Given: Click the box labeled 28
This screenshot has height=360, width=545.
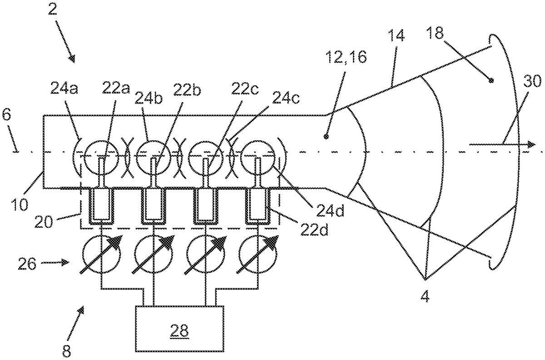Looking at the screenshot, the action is tap(179, 328).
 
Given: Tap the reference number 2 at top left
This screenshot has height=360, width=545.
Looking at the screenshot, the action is tap(53, 10).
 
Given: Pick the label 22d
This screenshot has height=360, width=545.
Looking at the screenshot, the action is tap(314, 229).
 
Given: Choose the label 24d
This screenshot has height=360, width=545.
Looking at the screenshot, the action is tap(330, 211).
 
